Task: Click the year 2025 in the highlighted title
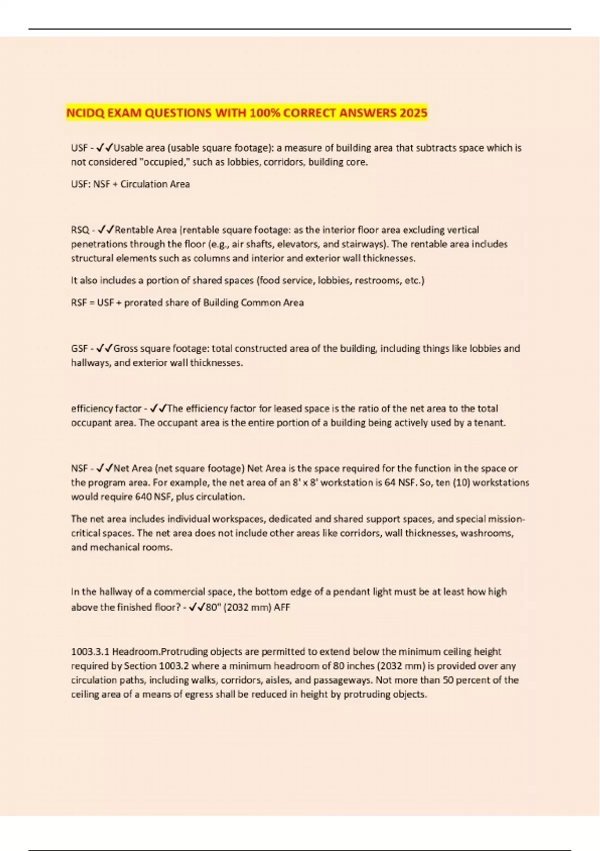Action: click(413, 113)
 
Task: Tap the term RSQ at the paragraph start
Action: click(79, 230)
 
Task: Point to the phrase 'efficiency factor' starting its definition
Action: click(106, 408)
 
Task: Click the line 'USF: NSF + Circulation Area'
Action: click(130, 184)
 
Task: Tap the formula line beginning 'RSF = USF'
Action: click(187, 302)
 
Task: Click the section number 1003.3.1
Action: click(90, 652)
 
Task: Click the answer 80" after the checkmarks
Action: click(211, 607)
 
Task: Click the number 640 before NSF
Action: click(143, 497)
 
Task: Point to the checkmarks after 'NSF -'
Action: click(104, 469)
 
